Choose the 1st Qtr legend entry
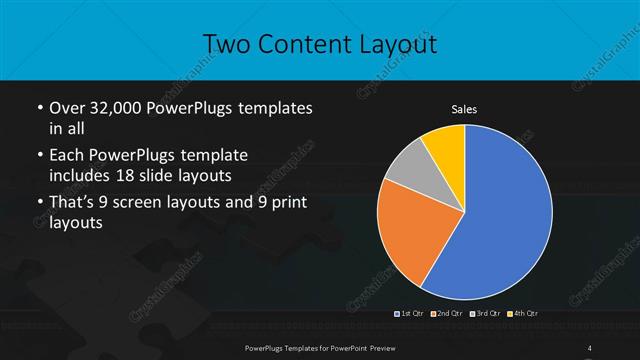point(410,315)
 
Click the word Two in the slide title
point(225,43)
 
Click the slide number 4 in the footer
point(590,347)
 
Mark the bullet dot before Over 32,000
point(38,107)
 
